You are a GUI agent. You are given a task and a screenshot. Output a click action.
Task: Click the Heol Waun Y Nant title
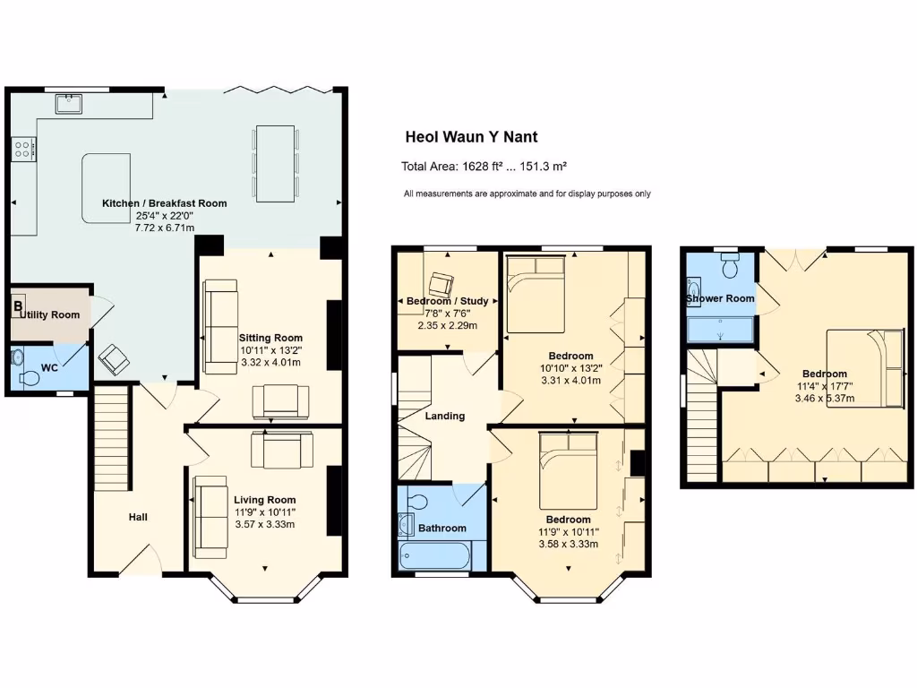click(471, 137)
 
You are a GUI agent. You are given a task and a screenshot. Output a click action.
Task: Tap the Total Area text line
click(484, 167)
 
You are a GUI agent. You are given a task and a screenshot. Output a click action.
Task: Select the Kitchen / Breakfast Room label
click(164, 203)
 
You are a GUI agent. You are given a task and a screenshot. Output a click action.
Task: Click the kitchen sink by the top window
click(69, 104)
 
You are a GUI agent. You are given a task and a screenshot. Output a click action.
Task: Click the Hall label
click(138, 517)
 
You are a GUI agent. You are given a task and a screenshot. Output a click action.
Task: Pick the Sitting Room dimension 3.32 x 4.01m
click(269, 363)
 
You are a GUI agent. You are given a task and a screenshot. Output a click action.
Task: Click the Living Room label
click(264, 500)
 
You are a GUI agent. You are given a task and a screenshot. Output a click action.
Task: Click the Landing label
click(445, 416)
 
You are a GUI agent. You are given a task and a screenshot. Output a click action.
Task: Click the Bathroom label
click(442, 529)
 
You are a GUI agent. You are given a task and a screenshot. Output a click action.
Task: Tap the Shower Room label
click(720, 298)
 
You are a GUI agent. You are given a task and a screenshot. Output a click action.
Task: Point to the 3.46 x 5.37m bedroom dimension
click(824, 398)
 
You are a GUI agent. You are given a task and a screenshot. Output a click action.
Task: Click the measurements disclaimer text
click(527, 193)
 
